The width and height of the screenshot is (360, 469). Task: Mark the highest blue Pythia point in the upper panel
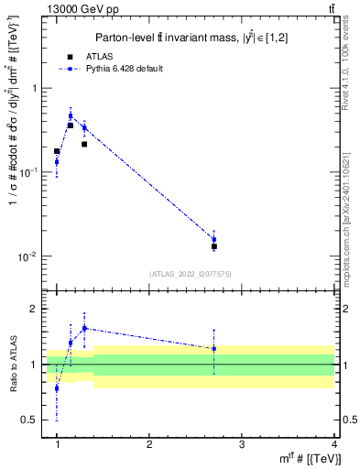tap(71, 116)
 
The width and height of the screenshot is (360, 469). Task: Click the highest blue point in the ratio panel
tap(84, 328)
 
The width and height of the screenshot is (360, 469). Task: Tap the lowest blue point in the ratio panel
tap(57, 388)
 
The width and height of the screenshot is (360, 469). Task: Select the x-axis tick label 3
tap(241, 443)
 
